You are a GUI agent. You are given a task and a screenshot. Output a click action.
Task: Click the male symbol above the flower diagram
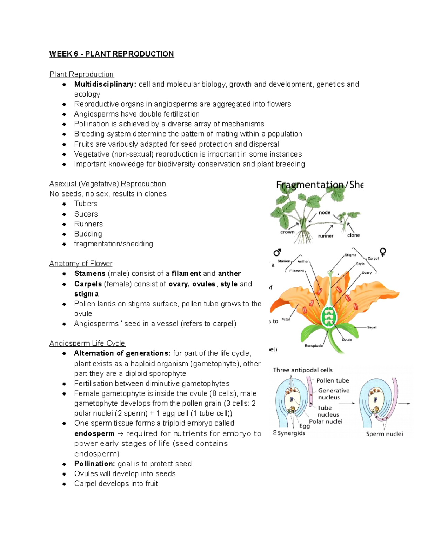coord(277,252)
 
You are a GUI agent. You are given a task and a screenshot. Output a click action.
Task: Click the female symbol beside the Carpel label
coord(383,252)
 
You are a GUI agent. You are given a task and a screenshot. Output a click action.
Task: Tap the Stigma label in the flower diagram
coord(350,255)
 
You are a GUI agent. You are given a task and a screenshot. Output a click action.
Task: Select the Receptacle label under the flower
coord(314,346)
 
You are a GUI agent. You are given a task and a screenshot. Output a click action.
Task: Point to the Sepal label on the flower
coord(372,327)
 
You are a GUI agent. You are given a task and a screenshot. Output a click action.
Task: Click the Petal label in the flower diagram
coord(286,319)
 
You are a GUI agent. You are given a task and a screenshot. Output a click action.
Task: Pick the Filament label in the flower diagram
coord(296,271)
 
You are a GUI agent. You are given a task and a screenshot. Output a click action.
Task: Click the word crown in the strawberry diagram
coord(287,232)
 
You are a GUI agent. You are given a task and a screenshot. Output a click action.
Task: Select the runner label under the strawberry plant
coord(326,236)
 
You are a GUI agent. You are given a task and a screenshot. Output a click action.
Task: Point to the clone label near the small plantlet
coord(353,235)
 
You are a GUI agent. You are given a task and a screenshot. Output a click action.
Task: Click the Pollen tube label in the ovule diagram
coord(332,380)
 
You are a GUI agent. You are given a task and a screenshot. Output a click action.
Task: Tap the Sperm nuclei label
coord(385,434)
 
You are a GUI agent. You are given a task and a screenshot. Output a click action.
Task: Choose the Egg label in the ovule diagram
coord(304,426)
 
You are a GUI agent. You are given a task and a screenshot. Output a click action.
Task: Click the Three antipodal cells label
coord(303,370)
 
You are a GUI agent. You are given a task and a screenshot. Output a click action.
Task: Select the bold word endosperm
coord(94,433)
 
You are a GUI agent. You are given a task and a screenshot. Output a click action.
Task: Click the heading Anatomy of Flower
coord(81,264)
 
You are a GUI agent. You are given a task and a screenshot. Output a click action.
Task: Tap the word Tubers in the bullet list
coord(86,204)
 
